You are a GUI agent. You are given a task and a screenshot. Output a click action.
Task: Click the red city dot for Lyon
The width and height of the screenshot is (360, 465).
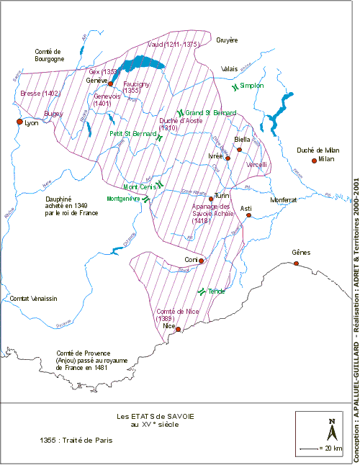19,122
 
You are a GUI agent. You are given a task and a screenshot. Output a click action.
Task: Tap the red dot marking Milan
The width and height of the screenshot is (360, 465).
314,160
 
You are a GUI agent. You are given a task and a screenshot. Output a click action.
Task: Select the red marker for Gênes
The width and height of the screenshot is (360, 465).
296,263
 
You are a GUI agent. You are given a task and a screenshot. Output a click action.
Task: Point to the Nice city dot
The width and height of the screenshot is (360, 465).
178,329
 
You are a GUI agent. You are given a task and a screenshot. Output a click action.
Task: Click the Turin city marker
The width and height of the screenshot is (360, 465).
211,198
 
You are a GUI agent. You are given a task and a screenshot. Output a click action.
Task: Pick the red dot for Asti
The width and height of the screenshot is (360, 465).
249,215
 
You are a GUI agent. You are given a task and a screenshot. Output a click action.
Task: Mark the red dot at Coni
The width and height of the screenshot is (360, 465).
202,261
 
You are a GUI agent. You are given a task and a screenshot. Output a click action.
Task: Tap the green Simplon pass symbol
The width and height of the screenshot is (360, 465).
235,86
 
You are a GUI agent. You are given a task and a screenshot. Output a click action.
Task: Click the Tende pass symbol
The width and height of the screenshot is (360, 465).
201,292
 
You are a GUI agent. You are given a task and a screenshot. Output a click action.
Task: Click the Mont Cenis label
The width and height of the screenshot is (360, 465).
139,186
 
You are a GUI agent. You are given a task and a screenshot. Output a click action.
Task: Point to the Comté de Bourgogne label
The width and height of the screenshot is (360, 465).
55,55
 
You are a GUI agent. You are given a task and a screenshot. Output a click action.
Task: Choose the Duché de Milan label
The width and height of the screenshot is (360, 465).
318,149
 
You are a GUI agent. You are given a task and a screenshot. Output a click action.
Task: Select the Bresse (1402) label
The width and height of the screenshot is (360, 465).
40,94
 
